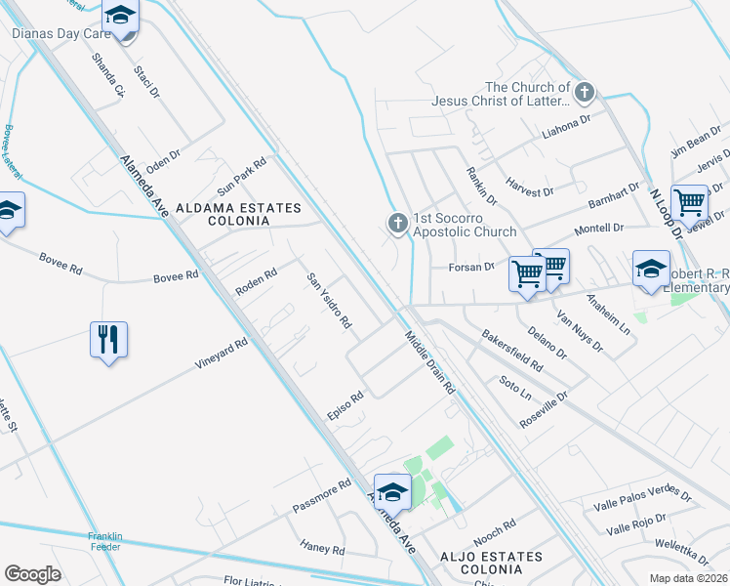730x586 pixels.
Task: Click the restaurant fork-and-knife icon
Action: (108, 340)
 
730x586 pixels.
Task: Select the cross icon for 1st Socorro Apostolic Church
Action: (397, 224)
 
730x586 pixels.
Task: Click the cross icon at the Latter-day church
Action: (584, 93)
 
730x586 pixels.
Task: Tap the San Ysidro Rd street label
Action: (329, 300)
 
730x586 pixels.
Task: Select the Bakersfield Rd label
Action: (512, 350)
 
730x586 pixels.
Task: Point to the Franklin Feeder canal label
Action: (104, 541)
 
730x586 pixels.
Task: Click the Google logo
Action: (32, 573)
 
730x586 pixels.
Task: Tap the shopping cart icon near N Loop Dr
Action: (689, 202)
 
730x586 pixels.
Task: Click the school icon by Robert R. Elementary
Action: (651, 268)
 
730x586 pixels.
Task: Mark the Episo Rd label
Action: (345, 408)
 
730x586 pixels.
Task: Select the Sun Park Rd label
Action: (241, 176)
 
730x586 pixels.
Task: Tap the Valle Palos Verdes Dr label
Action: (642, 502)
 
